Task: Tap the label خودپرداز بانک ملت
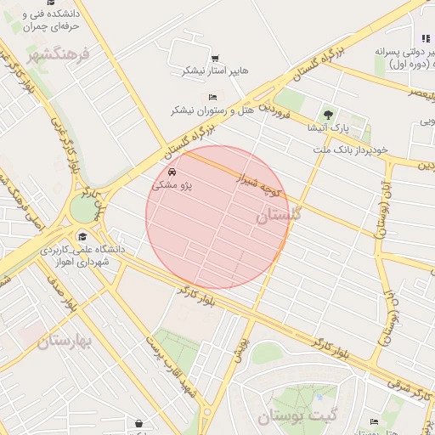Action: pyautogui.click(x=350, y=150)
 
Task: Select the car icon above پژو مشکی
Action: pyautogui.click(x=184, y=172)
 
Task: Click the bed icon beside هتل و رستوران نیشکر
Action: pyautogui.click(x=212, y=98)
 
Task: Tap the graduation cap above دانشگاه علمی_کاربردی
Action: pyautogui.click(x=82, y=236)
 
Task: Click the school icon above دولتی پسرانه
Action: pyautogui.click(x=424, y=38)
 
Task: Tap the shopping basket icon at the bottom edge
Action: pyautogui.click(x=138, y=423)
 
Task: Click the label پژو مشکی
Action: pyautogui.click(x=172, y=184)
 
